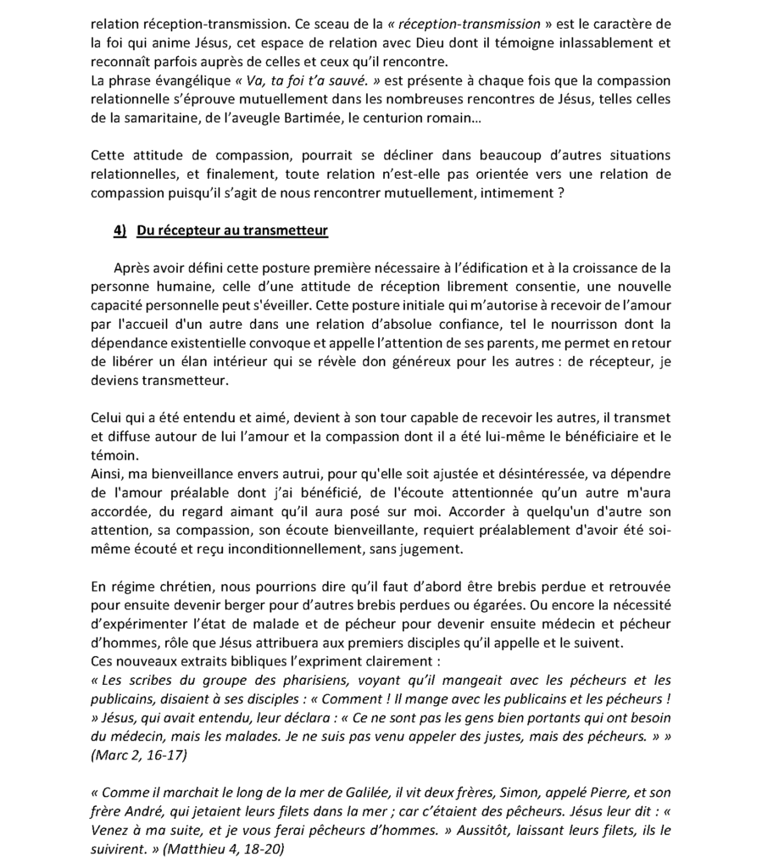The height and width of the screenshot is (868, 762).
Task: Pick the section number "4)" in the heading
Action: tap(120, 231)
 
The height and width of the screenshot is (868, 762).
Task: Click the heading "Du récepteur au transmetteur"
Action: tap(232, 231)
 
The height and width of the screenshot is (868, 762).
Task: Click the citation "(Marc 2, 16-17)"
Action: tap(139, 754)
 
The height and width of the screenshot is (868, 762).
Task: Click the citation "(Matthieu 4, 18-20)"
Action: tap(223, 849)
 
